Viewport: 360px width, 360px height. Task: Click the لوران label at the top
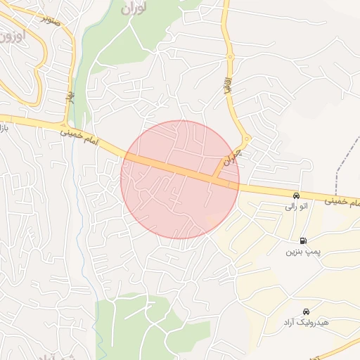pyautogui.click(x=136, y=10)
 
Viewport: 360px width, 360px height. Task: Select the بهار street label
pyautogui.click(x=70, y=98)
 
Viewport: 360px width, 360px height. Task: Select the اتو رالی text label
pyautogui.click(x=296, y=207)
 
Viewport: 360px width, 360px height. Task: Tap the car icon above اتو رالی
pyautogui.click(x=296, y=195)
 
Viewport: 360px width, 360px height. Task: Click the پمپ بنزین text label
pyautogui.click(x=303, y=251)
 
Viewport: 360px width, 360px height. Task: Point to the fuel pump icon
pyautogui.click(x=303, y=240)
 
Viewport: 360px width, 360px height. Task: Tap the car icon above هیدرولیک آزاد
pyautogui.click(x=306, y=311)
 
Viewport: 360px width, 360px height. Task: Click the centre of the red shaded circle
pyautogui.click(x=180, y=179)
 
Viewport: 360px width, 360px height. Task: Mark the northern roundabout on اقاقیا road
pyautogui.click(x=229, y=57)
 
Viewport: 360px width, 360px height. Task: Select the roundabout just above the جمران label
pyautogui.click(x=245, y=139)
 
